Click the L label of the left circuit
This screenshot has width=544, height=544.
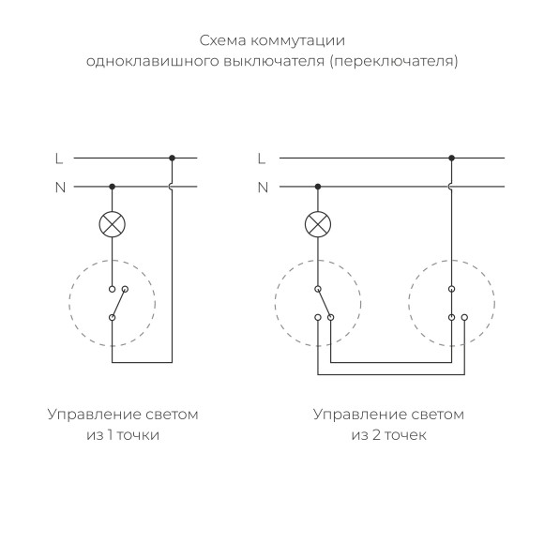click(x=60, y=159)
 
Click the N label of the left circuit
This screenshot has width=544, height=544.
click(x=60, y=187)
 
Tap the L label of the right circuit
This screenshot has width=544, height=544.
click(x=262, y=159)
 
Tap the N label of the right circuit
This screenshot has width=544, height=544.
click(x=263, y=187)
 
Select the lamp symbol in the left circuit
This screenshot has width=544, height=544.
click(x=113, y=223)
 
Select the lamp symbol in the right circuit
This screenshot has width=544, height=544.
click(x=319, y=223)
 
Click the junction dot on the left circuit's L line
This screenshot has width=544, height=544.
click(x=172, y=159)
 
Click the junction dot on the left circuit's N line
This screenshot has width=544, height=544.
click(x=113, y=187)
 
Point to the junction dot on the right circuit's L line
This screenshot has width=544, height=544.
click(x=452, y=159)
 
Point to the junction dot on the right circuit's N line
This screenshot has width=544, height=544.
click(x=319, y=187)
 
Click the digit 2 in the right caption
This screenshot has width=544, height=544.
click(x=375, y=435)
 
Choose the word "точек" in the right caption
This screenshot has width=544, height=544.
click(x=405, y=435)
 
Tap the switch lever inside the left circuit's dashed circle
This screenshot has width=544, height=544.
click(x=118, y=303)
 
